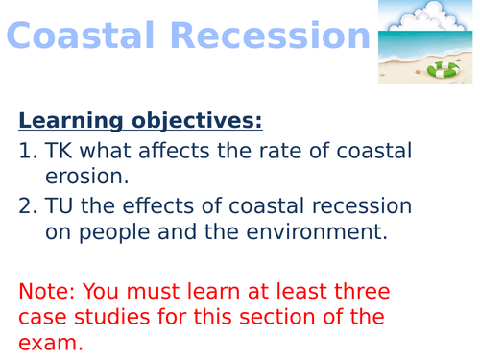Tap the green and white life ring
[444, 68]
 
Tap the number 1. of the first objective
[27, 151]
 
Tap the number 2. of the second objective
[27, 206]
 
